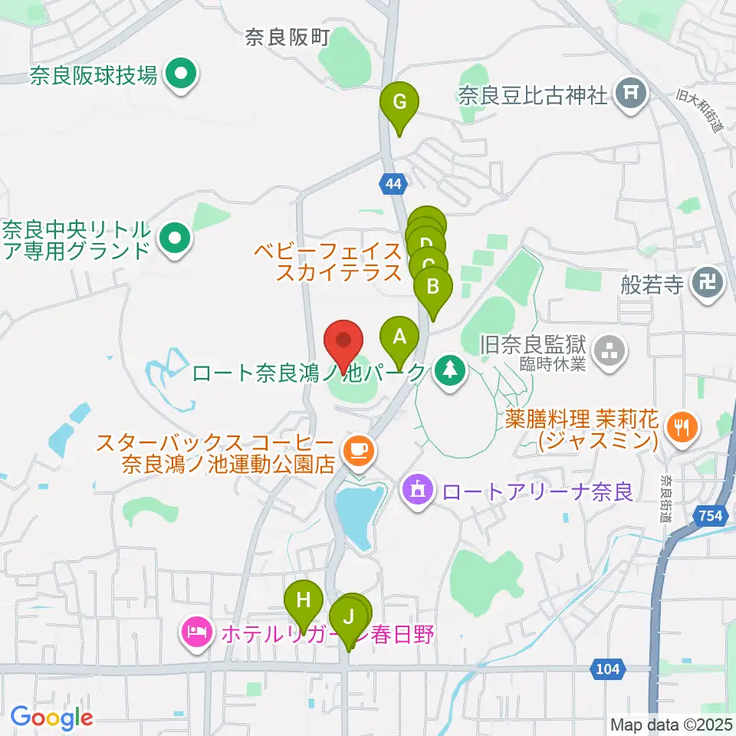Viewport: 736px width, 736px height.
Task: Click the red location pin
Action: click(x=344, y=342)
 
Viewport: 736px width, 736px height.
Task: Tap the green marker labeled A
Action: click(x=399, y=337)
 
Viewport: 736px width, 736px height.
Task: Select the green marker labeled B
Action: click(x=433, y=288)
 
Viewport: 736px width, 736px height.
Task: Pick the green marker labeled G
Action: click(x=399, y=102)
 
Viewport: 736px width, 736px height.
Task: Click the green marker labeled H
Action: click(x=304, y=600)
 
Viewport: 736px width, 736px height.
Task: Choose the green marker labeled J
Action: click(x=349, y=616)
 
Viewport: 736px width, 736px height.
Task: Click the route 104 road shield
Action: click(x=606, y=669)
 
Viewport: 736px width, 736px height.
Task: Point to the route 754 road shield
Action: click(x=711, y=517)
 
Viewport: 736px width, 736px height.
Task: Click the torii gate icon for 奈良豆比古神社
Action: click(x=631, y=94)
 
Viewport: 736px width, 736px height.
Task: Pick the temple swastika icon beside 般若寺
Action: click(x=706, y=286)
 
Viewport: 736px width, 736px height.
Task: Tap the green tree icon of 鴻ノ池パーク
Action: click(x=449, y=373)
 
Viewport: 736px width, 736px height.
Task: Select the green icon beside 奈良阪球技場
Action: click(x=182, y=75)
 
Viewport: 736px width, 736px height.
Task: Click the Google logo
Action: click(x=51, y=718)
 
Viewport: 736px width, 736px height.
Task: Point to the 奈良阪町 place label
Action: click(x=287, y=38)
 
